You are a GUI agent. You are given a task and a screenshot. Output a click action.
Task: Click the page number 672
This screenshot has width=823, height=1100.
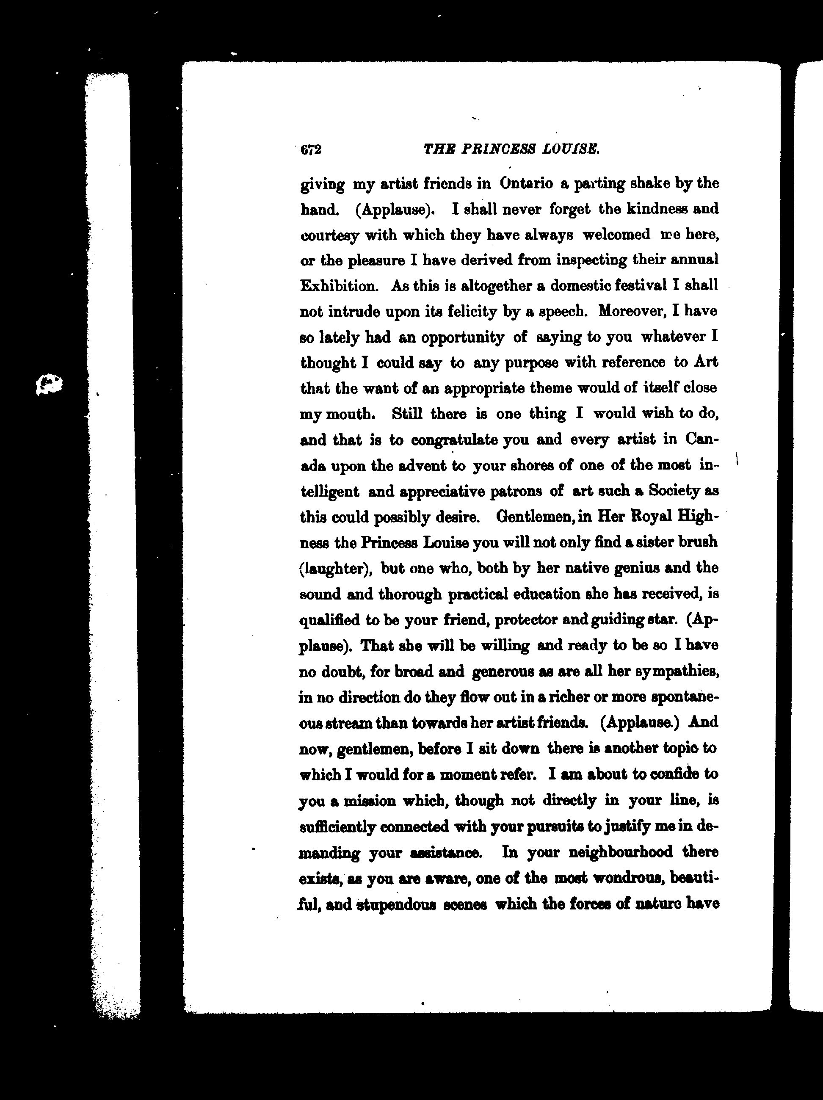click(311, 149)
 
